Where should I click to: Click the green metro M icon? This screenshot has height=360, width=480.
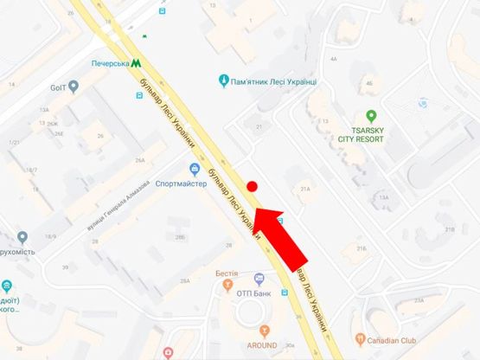click(x=137, y=62)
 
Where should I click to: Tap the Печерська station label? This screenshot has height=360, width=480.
click(x=110, y=63)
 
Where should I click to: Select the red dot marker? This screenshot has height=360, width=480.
click(x=253, y=186)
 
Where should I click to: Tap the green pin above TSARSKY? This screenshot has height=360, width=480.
click(x=370, y=115)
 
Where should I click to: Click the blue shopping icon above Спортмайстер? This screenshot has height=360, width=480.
click(x=195, y=169)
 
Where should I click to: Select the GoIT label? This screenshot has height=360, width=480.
click(x=57, y=87)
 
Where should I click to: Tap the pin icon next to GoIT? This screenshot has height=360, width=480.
click(x=74, y=87)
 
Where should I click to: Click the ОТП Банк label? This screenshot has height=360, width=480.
click(x=256, y=293)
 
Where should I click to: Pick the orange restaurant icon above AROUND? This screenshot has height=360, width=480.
click(x=265, y=331)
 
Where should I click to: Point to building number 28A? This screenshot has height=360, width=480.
click(x=184, y=281)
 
